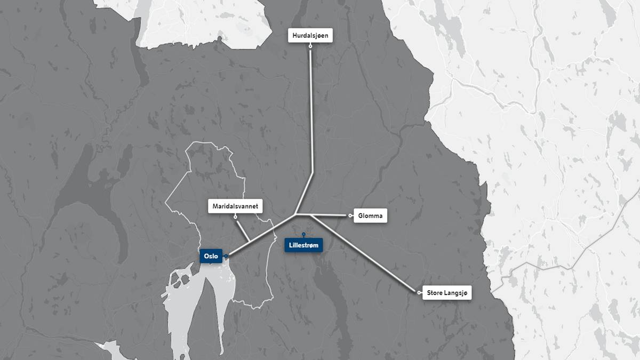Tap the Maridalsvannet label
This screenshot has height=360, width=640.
[235, 206]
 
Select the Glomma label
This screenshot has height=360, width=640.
[369, 215]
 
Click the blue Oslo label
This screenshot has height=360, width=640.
[210, 256]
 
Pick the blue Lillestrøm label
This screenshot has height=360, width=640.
[303, 245]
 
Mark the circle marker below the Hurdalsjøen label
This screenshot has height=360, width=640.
[310, 46]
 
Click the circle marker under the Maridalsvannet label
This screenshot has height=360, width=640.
[235, 216]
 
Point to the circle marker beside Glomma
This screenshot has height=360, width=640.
[350, 215]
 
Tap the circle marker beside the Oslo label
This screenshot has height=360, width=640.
[226, 257]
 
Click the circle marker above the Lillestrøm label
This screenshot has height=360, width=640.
[303, 234]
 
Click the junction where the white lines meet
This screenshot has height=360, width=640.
[296, 214]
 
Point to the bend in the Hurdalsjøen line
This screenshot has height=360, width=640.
[312, 172]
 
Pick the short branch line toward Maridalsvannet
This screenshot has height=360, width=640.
[242, 229]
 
